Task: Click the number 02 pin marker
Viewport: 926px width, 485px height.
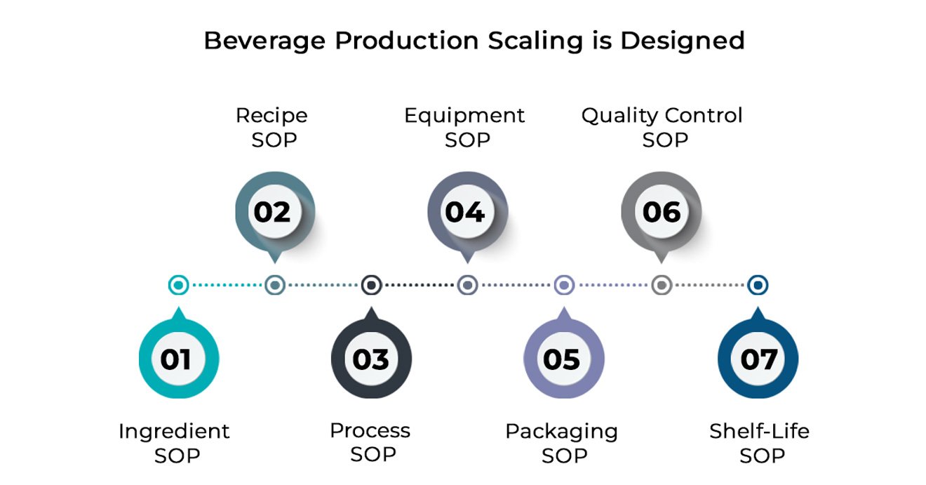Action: click(274, 212)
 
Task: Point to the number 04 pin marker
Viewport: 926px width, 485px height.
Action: click(467, 212)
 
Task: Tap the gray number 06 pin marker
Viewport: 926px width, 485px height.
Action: click(661, 212)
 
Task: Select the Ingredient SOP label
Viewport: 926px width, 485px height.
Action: click(175, 443)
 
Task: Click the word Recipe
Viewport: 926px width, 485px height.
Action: click(271, 115)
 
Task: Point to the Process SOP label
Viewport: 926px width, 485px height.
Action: click(370, 442)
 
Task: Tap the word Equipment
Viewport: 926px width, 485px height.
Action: click(464, 115)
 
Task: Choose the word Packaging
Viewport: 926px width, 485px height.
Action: click(562, 431)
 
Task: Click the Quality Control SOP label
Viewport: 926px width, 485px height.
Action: click(662, 127)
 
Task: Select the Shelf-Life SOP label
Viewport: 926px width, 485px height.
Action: click(760, 443)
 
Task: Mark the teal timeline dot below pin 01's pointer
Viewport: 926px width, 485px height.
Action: click(179, 285)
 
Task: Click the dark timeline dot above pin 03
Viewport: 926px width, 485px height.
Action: click(371, 285)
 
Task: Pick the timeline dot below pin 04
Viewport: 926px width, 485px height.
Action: click(467, 285)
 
